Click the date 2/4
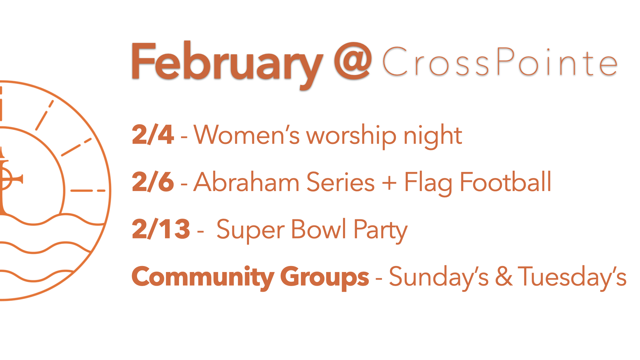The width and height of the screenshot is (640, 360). click(153, 135)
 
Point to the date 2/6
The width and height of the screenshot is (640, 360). click(153, 182)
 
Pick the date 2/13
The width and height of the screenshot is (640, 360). click(161, 229)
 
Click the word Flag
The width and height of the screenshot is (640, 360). click(428, 183)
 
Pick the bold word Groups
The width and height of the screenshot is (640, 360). click(325, 278)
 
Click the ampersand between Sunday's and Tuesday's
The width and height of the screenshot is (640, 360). click(504, 276)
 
